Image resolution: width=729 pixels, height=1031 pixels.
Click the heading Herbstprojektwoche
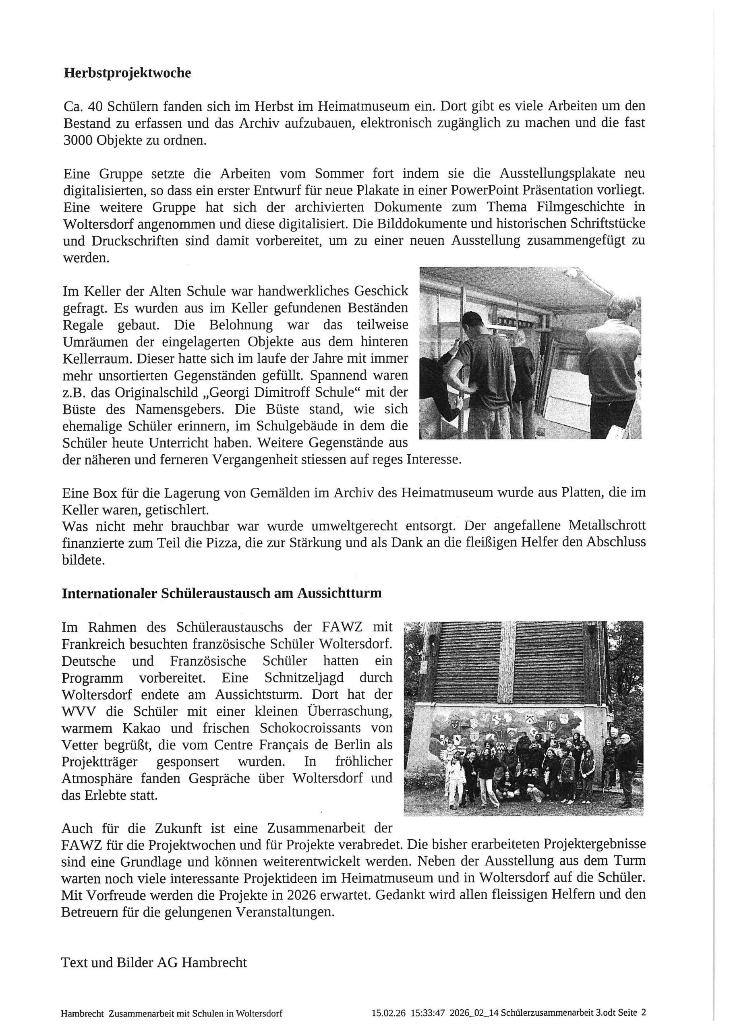127,73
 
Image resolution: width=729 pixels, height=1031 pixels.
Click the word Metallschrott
607,526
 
